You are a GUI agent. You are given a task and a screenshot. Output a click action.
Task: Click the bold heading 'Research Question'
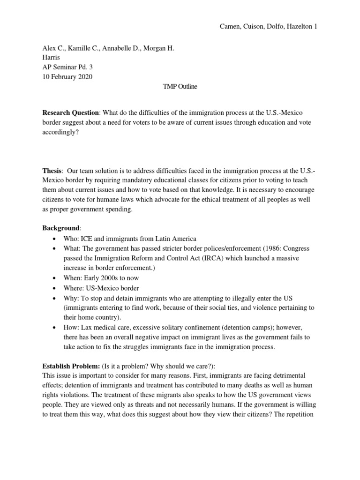71,113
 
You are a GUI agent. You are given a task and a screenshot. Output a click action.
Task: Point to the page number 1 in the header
315,27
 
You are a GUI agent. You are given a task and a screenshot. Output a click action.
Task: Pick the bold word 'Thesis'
52,172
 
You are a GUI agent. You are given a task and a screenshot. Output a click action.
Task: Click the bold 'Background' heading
61,228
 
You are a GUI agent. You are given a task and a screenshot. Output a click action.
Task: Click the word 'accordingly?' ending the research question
61,132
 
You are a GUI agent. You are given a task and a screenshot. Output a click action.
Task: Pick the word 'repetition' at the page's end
302,416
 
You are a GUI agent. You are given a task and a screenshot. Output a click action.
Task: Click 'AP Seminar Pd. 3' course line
67,67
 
